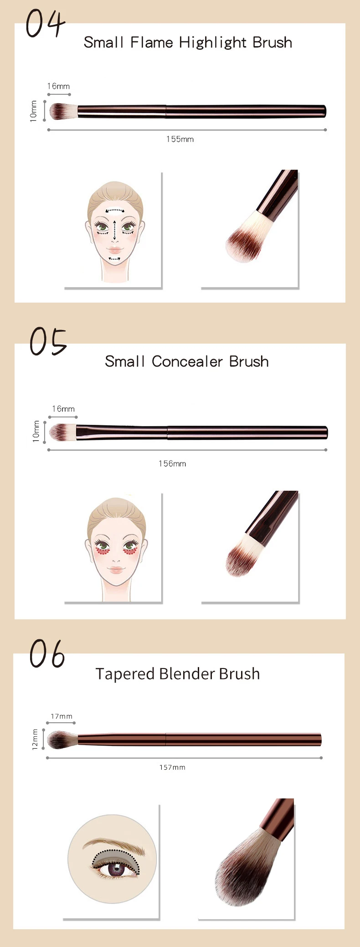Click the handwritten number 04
click(45, 24)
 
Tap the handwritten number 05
click(48, 341)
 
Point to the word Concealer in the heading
click(187, 361)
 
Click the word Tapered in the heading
click(124, 674)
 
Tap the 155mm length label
click(180, 139)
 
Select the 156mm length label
click(172, 463)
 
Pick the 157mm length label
click(172, 767)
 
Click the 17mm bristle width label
click(62, 716)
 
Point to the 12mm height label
click(35, 739)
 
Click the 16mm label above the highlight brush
click(58, 86)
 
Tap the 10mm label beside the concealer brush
click(36, 431)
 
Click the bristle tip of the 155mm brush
click(51, 111)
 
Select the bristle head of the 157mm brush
click(62, 739)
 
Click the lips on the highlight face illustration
click(115, 250)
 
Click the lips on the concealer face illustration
click(115, 570)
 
